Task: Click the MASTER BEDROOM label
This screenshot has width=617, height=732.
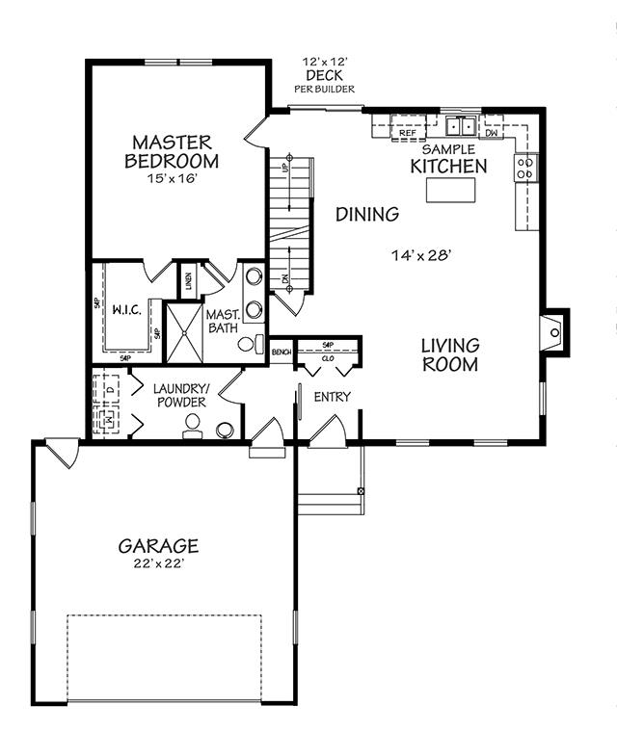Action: tap(175, 151)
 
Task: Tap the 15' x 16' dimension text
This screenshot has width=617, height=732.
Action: tap(174, 179)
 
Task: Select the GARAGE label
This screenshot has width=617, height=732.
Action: tap(158, 546)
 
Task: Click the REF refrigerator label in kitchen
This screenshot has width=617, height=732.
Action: tap(407, 133)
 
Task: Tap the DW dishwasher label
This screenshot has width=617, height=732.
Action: tap(491, 133)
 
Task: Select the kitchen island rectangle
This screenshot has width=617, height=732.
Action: tap(451, 190)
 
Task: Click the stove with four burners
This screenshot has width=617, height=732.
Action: tap(525, 169)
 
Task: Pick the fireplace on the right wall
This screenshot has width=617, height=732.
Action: tap(553, 332)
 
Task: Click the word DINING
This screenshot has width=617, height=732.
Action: tap(367, 214)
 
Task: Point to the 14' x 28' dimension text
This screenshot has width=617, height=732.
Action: tap(421, 255)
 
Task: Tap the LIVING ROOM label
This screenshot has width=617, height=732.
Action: tap(449, 354)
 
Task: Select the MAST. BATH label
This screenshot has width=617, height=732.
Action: tap(223, 321)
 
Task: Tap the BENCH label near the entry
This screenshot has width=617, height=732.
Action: tap(282, 353)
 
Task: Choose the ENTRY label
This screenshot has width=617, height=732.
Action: tap(333, 396)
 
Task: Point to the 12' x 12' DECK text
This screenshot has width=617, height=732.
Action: tap(324, 68)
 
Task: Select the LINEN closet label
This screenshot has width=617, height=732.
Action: tap(189, 280)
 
